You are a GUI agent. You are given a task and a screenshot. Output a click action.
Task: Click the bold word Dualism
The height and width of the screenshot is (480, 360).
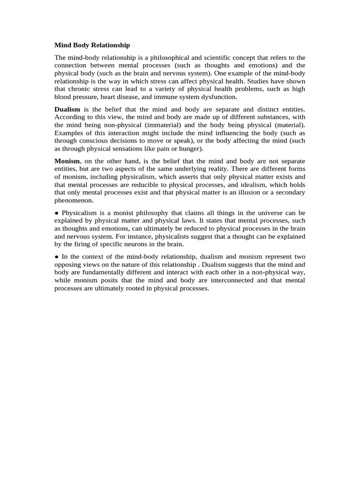tap(67, 109)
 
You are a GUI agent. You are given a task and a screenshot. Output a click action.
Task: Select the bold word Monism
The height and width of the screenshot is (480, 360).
tap(67, 160)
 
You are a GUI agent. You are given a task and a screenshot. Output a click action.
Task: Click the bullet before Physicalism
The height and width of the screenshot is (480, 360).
tap(57, 212)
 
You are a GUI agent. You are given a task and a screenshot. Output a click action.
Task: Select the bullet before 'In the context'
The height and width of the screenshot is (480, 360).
tap(57, 257)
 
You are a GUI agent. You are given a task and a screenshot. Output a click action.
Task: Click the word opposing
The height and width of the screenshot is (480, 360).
tap(68, 265)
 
